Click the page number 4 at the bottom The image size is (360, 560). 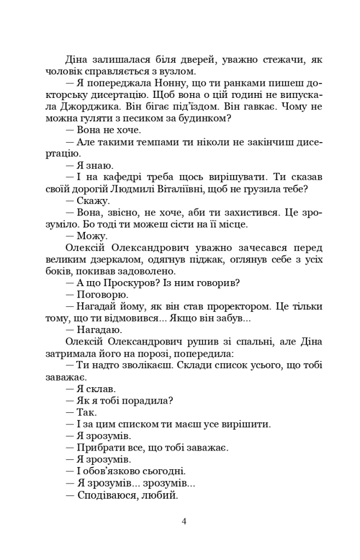(x=184, y=521)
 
